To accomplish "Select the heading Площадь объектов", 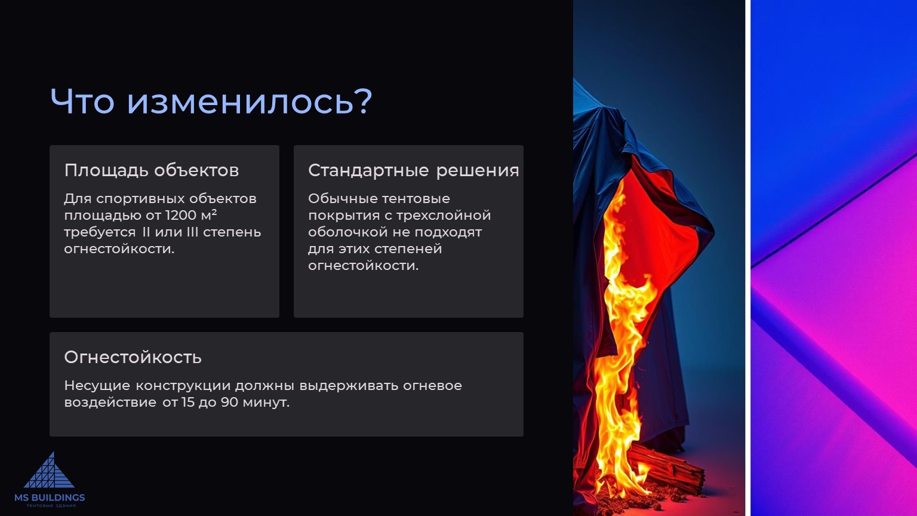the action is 152,170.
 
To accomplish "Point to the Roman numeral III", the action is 192,232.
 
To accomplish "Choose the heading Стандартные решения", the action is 414,170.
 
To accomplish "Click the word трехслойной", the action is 444,216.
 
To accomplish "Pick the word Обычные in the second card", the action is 343,199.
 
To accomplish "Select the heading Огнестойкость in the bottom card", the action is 133,357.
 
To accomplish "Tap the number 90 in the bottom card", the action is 230,402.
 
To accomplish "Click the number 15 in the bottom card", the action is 188,402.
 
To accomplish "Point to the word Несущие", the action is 97,386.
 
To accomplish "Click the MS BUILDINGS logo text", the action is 50,497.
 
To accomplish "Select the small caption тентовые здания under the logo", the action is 51,506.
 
